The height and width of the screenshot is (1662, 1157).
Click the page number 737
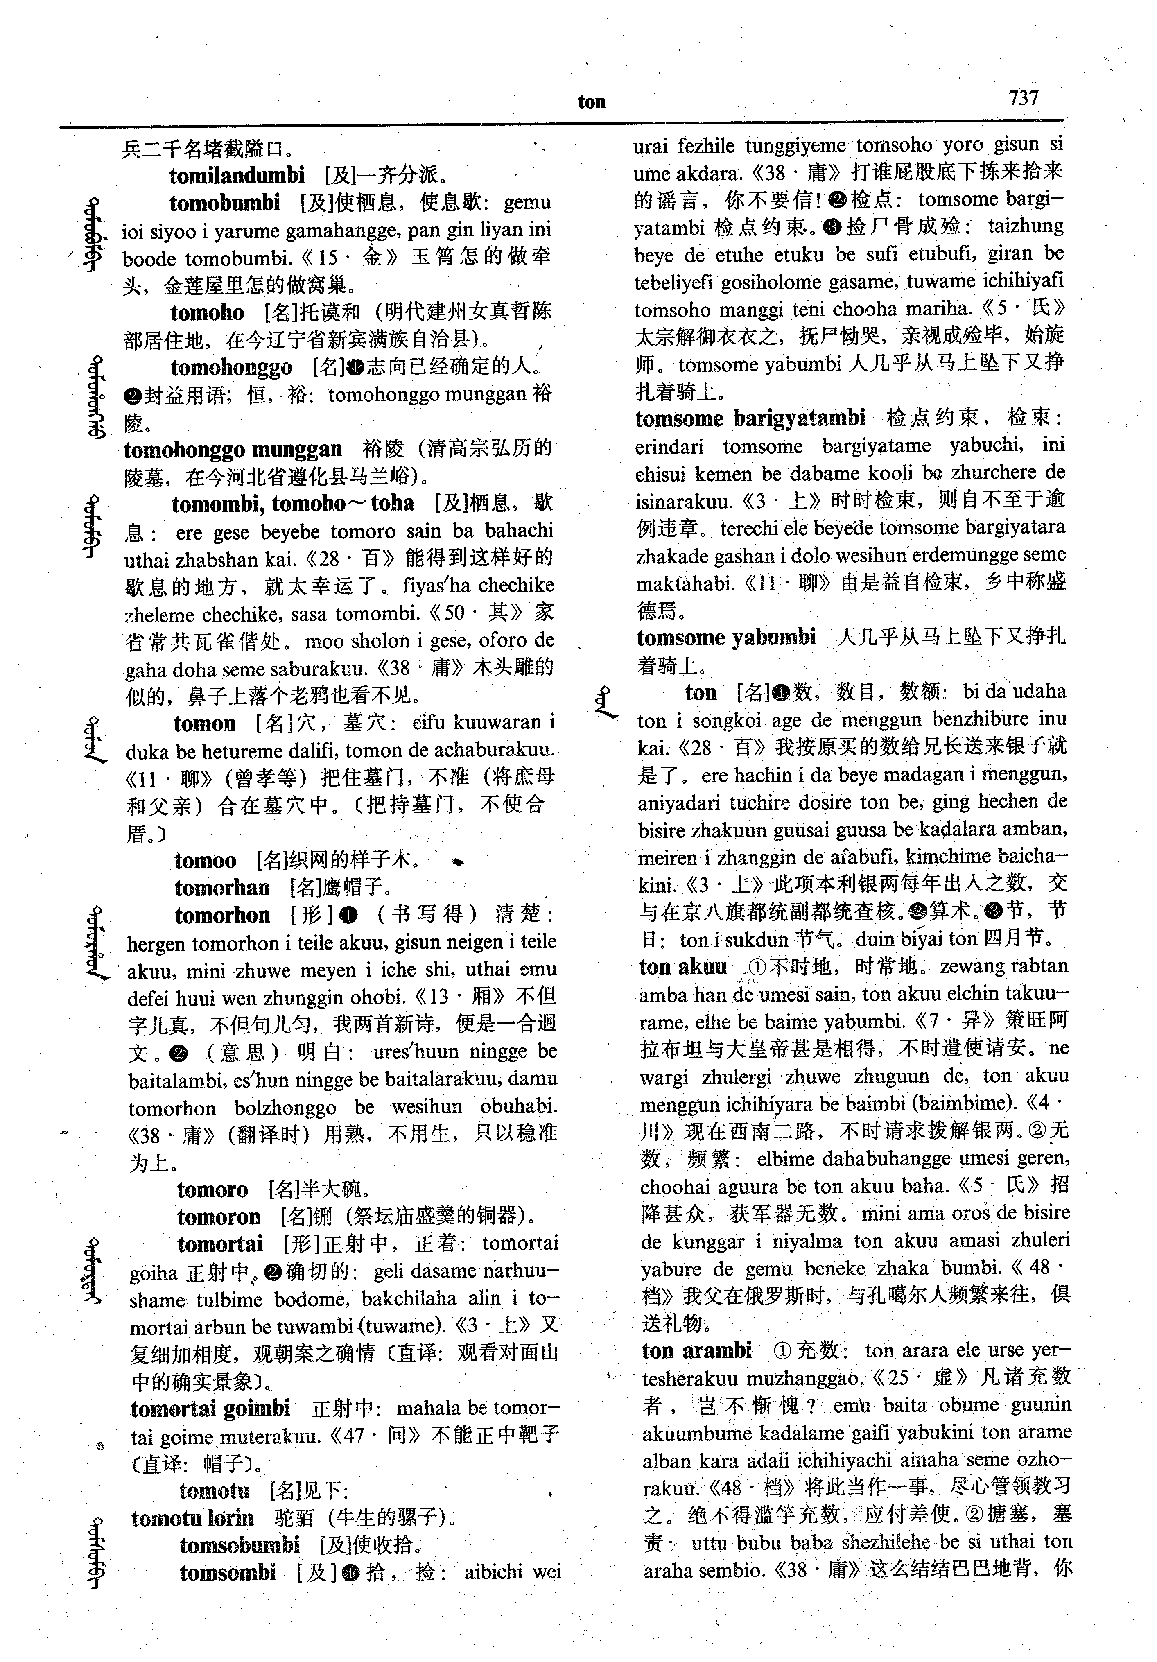click(x=1023, y=98)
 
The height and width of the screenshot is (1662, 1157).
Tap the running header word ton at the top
click(x=591, y=102)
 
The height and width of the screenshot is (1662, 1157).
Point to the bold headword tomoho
click(x=207, y=313)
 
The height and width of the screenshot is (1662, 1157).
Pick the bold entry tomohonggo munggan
click(x=232, y=450)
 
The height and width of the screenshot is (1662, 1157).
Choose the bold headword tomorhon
click(x=222, y=916)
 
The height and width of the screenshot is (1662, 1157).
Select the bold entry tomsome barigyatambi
click(x=750, y=418)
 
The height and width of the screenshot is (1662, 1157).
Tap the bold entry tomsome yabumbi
click(x=726, y=638)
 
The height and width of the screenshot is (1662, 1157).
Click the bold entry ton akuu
click(x=682, y=967)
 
